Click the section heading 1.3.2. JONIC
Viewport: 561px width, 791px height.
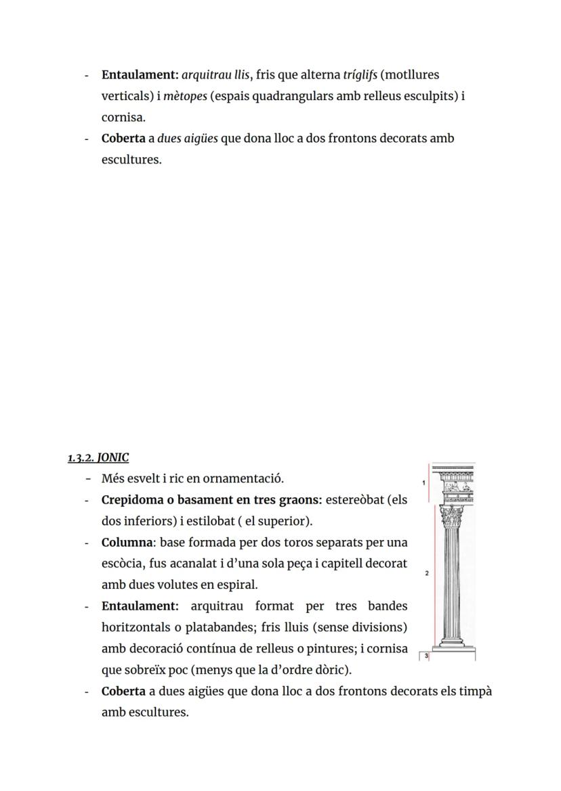(x=98, y=458)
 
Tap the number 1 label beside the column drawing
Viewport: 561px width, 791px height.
(x=423, y=483)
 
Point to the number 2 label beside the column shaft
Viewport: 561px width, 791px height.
(x=426, y=573)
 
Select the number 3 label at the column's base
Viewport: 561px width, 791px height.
(x=426, y=656)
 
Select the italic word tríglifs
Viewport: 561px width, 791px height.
(x=360, y=74)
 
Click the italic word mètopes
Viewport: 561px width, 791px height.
(x=185, y=96)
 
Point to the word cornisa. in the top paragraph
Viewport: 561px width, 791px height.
(x=123, y=117)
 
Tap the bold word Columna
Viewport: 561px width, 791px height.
(x=128, y=543)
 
